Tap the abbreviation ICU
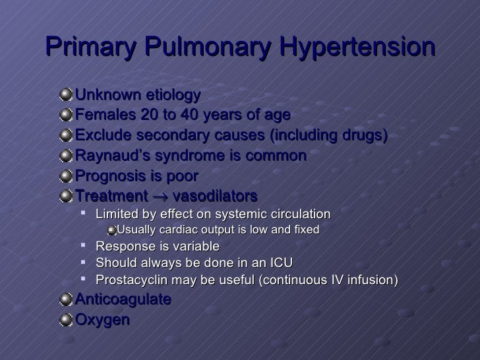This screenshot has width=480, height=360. coord(280,262)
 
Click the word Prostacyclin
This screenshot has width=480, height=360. coord(129,280)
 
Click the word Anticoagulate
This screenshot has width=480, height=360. coord(124,299)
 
